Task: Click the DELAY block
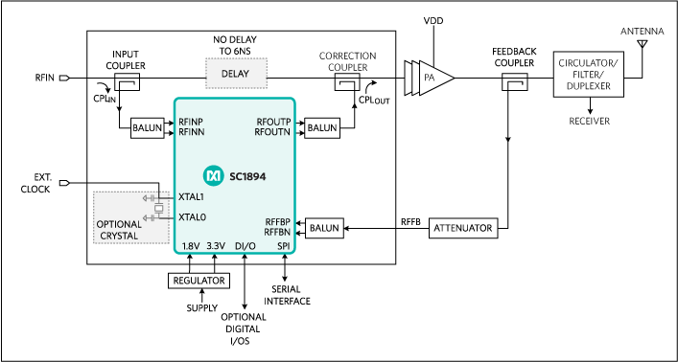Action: [x=236, y=72]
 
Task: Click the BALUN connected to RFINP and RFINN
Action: [x=148, y=128]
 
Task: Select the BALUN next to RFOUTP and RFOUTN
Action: [x=322, y=127]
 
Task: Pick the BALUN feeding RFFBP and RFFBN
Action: [x=322, y=228]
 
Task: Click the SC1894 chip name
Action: [x=245, y=176]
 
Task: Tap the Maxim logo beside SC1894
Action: [x=212, y=176]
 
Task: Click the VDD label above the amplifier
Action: [x=439, y=20]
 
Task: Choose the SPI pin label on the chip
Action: [x=284, y=246]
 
